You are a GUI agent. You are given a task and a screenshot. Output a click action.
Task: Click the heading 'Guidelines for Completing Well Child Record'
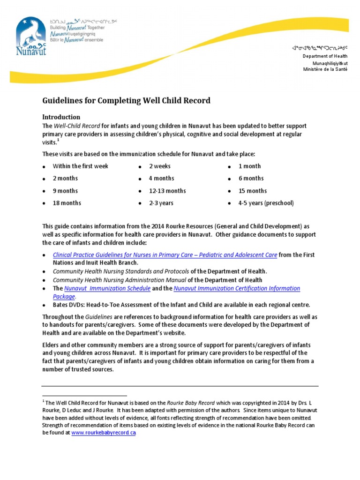click(127, 100)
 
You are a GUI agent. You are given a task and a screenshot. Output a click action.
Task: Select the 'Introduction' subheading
click(61, 117)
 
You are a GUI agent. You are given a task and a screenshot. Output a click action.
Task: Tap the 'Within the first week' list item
click(80, 166)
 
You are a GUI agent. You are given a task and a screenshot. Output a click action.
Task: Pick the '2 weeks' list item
click(160, 166)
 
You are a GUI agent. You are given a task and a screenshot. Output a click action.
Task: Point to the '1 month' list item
click(249, 166)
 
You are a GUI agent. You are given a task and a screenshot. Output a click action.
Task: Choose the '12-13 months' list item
click(167, 191)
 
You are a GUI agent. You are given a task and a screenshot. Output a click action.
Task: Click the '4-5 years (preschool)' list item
click(266, 203)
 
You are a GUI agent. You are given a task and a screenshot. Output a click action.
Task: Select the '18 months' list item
click(67, 203)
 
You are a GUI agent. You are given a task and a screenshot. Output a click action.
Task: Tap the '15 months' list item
click(253, 191)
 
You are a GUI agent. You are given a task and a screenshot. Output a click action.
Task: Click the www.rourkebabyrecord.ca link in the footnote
click(104, 433)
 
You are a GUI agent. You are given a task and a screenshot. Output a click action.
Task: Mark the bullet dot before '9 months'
click(44, 191)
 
